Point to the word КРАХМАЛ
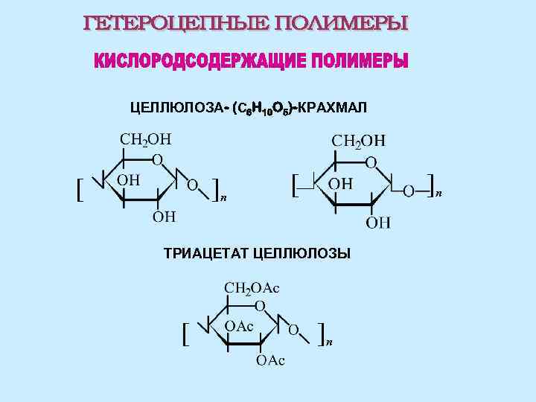tap(333, 109)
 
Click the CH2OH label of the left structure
tap(145, 139)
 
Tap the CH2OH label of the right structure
tap(358, 141)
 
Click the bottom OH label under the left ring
tap(165, 217)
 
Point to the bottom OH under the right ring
tap(378, 222)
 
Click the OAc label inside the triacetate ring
tap(240, 326)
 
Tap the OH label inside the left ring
tap(128, 179)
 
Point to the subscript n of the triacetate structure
tap(329, 342)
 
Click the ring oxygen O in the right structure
tap(370, 162)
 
